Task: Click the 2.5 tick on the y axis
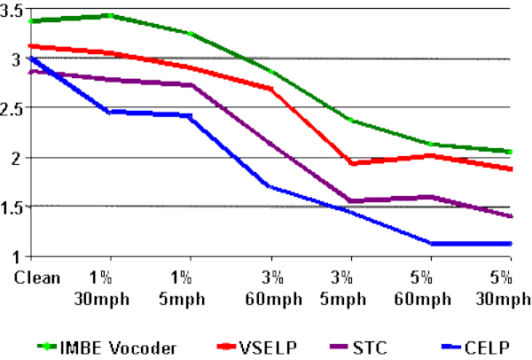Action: pos(12,109)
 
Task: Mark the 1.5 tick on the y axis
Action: pos(12,207)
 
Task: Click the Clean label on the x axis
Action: pos(37,278)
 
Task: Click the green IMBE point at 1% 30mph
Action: pos(109,15)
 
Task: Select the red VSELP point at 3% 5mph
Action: pos(351,163)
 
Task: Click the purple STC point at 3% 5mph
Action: pos(351,200)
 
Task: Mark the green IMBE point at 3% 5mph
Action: pos(351,120)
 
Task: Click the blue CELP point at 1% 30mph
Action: pos(109,112)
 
